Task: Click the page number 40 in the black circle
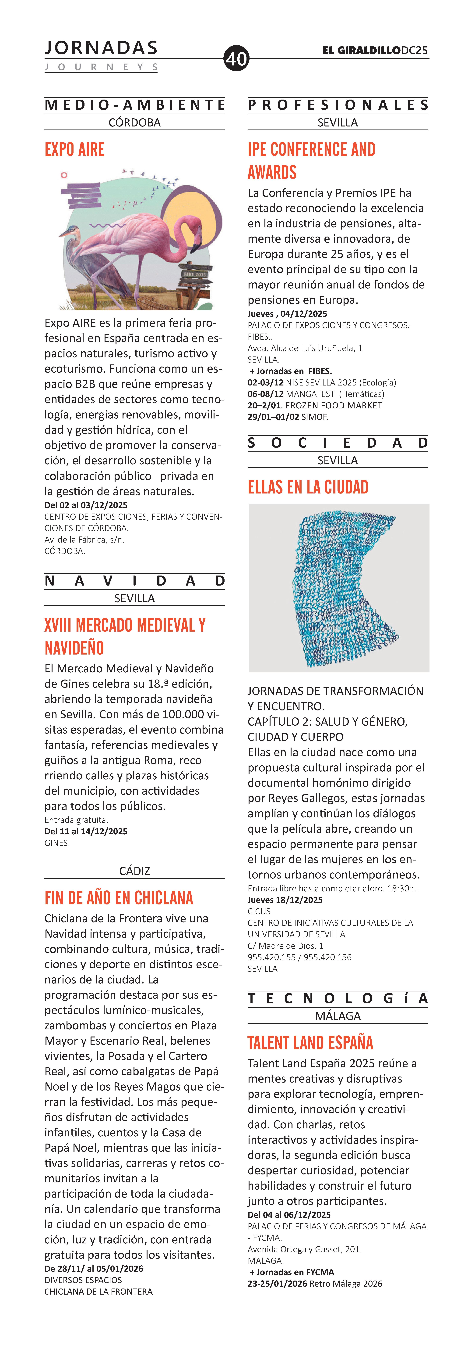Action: (x=236, y=58)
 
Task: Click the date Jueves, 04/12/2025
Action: (x=287, y=314)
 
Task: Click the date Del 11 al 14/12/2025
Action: (x=86, y=831)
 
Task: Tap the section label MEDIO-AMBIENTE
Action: (x=135, y=105)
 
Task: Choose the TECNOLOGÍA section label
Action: (x=338, y=998)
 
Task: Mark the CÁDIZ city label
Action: (x=135, y=871)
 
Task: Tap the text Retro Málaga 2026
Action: (x=346, y=1283)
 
